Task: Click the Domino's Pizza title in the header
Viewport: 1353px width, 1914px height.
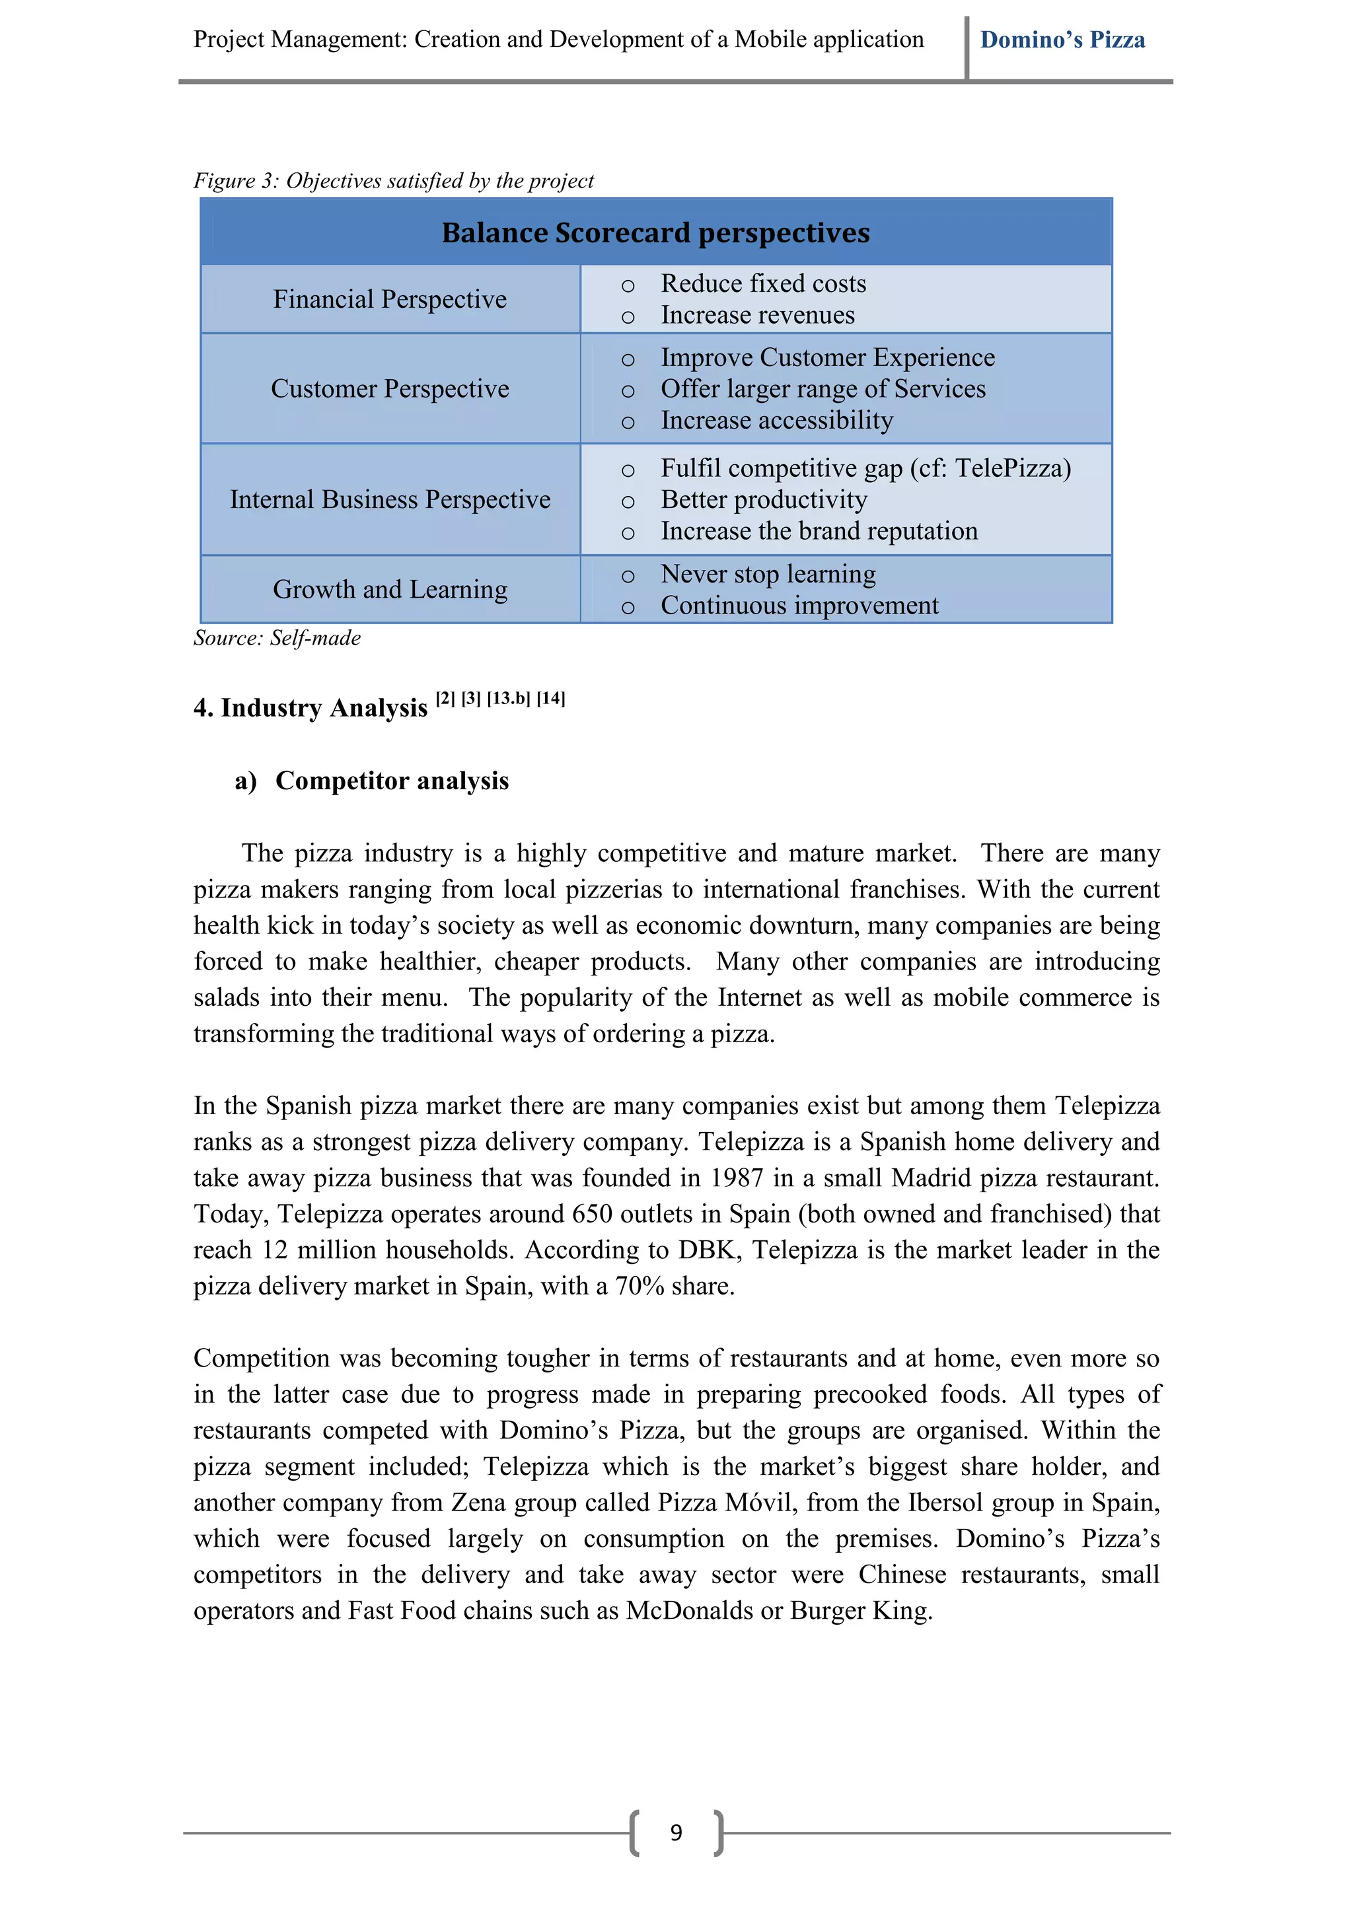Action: coord(1062,40)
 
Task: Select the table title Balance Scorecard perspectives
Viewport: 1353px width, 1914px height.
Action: coord(655,232)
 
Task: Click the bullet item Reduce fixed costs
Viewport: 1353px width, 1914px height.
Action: coord(763,284)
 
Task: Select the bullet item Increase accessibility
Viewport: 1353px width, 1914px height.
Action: coord(776,420)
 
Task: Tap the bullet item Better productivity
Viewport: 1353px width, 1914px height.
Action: coord(764,499)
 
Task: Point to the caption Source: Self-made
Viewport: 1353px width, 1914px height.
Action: coord(277,638)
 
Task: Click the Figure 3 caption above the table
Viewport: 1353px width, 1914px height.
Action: coord(394,181)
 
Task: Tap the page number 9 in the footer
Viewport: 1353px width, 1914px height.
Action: coord(676,1832)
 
